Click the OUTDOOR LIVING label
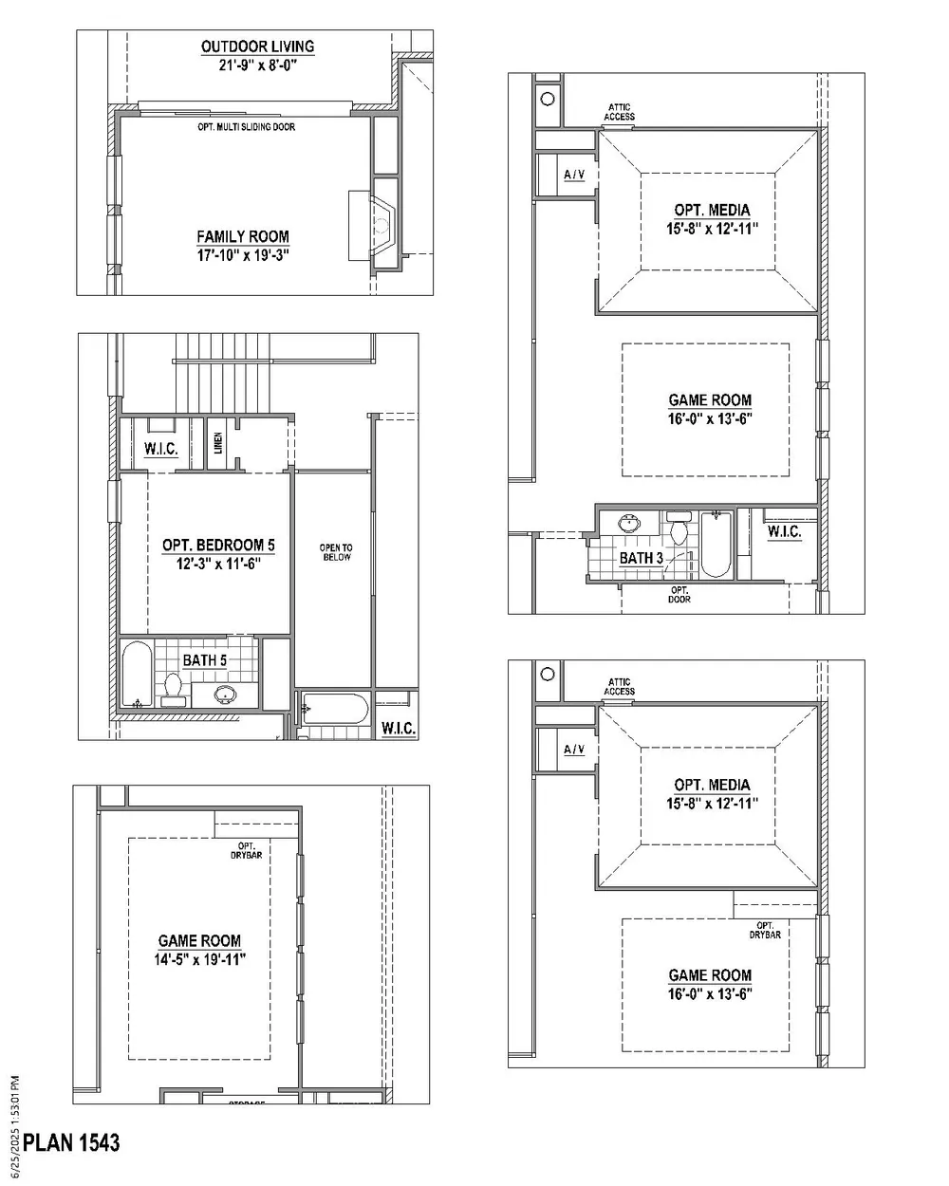click(257, 46)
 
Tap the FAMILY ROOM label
click(243, 236)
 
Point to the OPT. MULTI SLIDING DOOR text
click(247, 127)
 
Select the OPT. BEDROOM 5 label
click(218, 545)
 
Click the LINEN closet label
click(218, 442)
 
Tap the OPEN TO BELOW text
click(336, 552)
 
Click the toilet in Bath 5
click(173, 690)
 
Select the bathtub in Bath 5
click(137, 674)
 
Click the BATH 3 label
click(642, 558)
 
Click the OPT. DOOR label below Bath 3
click(679, 595)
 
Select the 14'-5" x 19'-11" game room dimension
click(199, 959)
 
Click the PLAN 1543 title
click(71, 1142)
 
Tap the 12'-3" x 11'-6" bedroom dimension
click(218, 564)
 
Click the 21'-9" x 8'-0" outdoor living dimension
click(257, 65)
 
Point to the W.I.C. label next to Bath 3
click(784, 532)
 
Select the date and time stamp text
click(15, 1127)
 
